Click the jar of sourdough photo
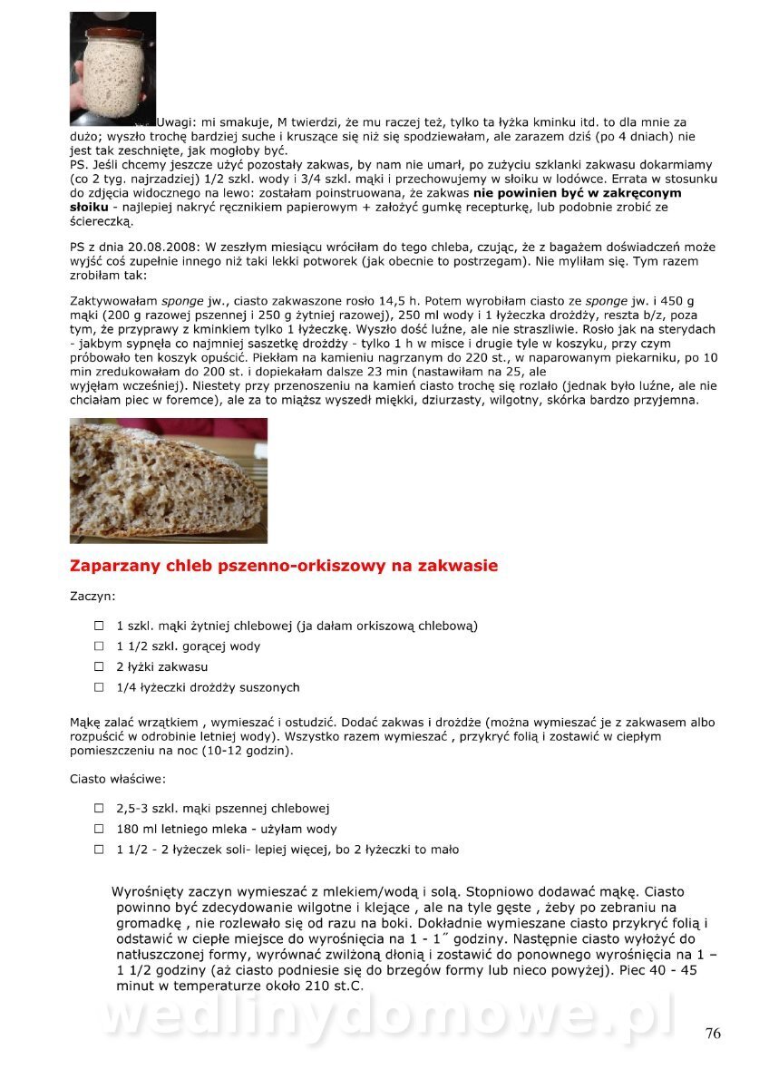[112, 68]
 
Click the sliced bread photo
[168, 480]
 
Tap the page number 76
[713, 1034]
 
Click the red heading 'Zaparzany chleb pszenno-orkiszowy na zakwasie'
[284, 567]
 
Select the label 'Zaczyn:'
[92, 597]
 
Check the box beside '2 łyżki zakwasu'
[99, 666]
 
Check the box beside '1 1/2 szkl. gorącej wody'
[99, 646]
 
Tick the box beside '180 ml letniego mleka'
[99, 829]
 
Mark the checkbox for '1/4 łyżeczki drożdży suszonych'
[99, 687]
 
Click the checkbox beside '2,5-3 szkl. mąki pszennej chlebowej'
[99, 808]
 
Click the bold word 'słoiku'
[89, 207]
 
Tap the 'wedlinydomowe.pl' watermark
[385, 1015]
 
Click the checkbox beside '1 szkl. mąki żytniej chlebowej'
[99, 626]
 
